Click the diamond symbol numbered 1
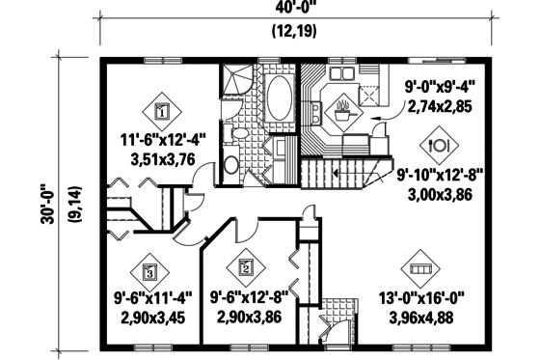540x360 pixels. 161,112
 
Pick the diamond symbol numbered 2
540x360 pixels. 246,267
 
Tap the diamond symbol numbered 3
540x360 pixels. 149,271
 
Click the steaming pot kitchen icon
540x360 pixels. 341,114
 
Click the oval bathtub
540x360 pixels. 280,100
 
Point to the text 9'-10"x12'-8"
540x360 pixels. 441,175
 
